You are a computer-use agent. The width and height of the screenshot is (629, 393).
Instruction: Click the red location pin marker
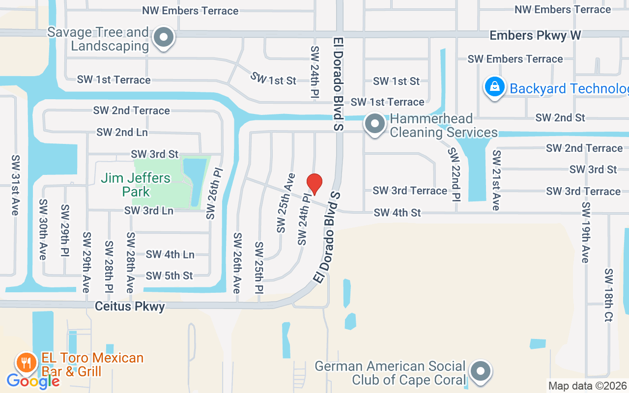pos(314,183)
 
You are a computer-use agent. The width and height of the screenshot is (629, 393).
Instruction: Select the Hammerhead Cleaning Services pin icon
pos(375,124)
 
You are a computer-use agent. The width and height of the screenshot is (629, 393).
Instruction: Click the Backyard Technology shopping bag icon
pos(495,87)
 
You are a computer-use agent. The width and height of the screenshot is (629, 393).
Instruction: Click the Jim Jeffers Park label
pos(136,184)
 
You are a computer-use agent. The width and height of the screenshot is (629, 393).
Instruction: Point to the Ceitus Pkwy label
pos(130,307)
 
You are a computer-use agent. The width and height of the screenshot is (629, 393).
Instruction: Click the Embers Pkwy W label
pos(535,35)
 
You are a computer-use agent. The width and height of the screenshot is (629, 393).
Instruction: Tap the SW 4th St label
pos(397,213)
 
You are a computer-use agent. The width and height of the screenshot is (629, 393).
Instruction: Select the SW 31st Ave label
pos(15,185)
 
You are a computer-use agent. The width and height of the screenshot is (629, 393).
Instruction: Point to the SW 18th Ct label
pos(609,295)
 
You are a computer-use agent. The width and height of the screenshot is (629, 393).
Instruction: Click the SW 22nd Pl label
pos(454,174)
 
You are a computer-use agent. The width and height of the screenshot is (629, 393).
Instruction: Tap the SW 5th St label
pos(170,276)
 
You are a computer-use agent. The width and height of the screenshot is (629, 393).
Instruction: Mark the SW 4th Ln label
pos(170,254)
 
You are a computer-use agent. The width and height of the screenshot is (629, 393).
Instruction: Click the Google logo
pos(33,380)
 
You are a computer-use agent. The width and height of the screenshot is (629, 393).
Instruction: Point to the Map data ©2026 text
pos(587,386)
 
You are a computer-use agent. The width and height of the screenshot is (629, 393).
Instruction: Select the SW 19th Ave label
pos(585,232)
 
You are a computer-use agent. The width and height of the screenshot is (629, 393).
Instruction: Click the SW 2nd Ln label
pos(122,132)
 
